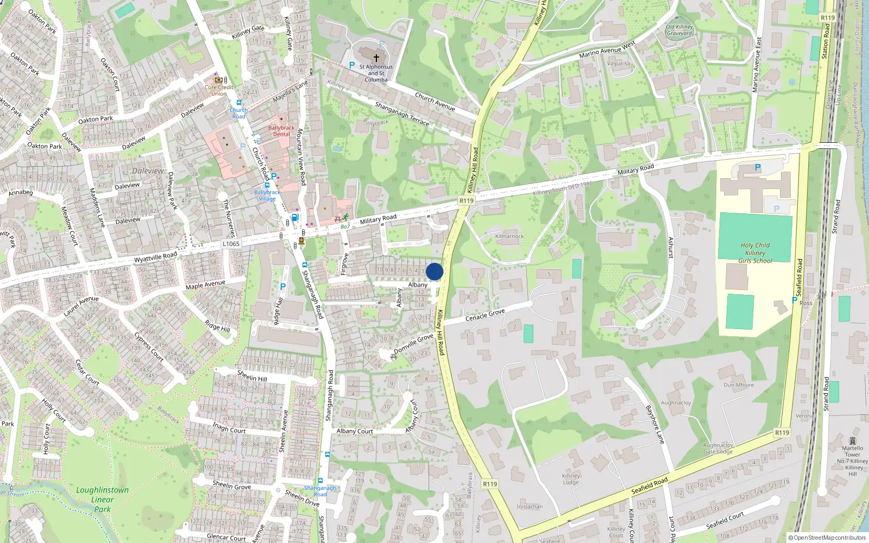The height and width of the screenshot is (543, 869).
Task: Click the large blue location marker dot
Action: coord(434,271)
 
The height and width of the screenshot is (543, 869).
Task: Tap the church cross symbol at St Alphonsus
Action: coord(376,57)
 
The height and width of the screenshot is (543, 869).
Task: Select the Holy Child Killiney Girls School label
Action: coord(755,253)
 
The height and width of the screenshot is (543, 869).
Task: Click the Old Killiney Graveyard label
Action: coord(679,30)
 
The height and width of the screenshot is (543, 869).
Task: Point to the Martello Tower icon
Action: coord(852,440)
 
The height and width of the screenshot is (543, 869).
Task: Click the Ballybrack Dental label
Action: coord(281,131)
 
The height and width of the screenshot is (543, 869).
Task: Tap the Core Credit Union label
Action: coord(219,90)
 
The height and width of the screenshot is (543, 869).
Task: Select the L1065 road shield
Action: coord(231,244)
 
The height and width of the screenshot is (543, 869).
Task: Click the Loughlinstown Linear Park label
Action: coord(102,500)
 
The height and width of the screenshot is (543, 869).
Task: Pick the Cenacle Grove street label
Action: coord(485,315)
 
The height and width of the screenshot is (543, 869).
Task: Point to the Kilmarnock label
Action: coord(509,236)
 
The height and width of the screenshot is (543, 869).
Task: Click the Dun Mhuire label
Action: coord(739,385)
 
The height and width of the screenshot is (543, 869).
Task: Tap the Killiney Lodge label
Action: coord(571,479)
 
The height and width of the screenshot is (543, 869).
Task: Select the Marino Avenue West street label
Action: coord(607,50)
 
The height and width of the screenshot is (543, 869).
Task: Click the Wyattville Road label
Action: coord(155,256)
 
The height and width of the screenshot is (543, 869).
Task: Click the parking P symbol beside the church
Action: coord(352,65)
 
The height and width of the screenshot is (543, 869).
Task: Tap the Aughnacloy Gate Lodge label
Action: coord(718,449)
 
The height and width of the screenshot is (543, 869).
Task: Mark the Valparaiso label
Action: coord(619,64)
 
